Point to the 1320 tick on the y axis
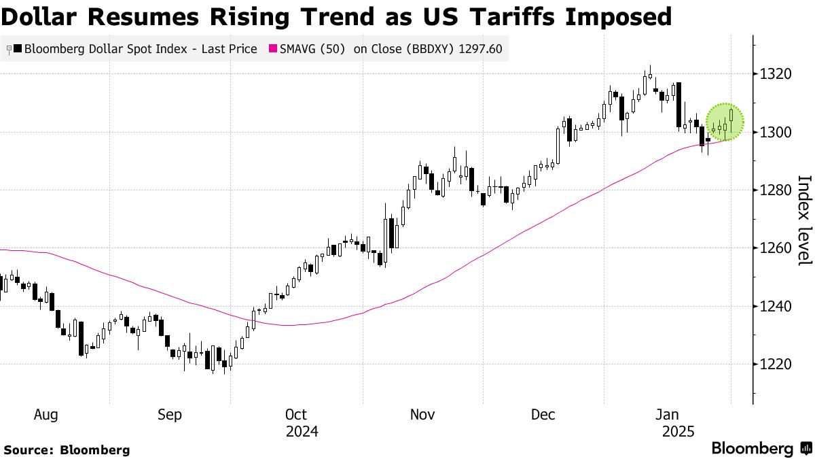tap(774, 74)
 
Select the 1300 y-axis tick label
tap(774, 132)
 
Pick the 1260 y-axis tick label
tap(774, 248)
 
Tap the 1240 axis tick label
tap(774, 306)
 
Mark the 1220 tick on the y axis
tap(774, 364)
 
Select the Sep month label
tap(169, 414)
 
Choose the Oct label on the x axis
tap(297, 414)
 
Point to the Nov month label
tap(422, 414)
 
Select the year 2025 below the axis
tap(677, 432)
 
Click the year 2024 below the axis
tap(302, 432)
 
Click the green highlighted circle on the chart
tap(725, 122)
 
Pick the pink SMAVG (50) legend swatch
tap(274, 49)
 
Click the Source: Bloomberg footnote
tap(67, 449)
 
